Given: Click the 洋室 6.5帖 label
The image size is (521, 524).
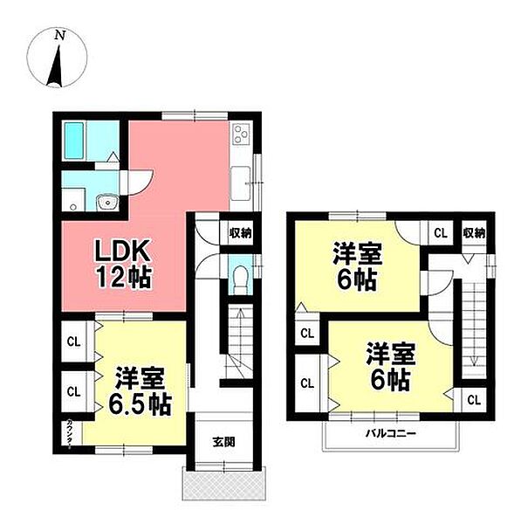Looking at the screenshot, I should pos(141,393).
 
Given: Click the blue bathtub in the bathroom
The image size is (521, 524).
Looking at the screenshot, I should pos(75,139).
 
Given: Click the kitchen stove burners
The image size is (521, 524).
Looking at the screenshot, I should pos(241,135).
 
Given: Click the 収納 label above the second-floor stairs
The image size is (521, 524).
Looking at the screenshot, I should pos(474,232).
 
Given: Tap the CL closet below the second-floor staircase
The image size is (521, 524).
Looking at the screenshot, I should pos(473,399).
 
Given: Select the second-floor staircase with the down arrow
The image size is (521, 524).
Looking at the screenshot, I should pos(473,323).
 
